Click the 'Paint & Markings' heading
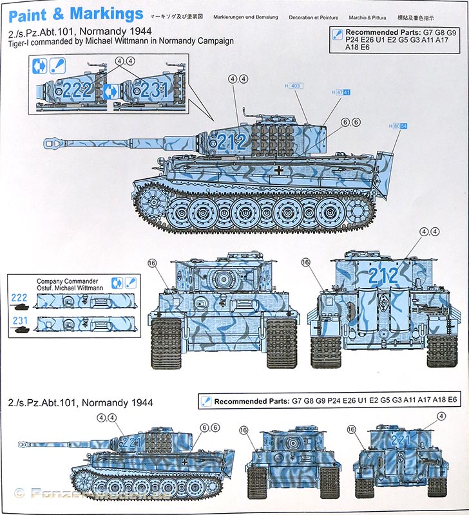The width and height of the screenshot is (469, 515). tap(76, 14)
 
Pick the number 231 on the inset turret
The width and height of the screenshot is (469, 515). tap(154, 90)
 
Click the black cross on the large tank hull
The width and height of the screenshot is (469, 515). tap(278, 170)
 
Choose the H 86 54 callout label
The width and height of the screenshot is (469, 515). tap(399, 126)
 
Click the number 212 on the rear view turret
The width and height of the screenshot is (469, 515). tap(383, 276)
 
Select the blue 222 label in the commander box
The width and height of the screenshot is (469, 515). tap(19, 297)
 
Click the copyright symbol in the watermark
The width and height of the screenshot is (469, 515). tap(18, 493)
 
